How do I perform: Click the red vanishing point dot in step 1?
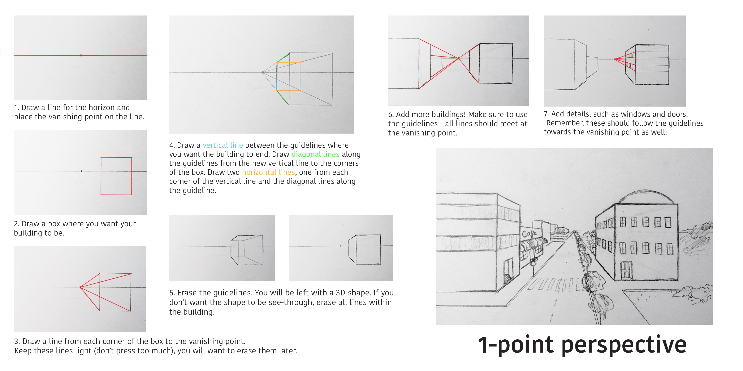(x=81, y=55)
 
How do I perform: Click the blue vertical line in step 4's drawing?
(x=277, y=76)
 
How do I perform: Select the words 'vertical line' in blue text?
(x=223, y=145)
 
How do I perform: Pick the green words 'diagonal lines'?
(x=315, y=154)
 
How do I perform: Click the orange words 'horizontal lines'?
(x=268, y=172)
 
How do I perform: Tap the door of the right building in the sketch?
(x=626, y=270)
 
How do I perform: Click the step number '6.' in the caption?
(x=391, y=115)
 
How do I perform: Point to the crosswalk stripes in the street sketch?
(x=555, y=285)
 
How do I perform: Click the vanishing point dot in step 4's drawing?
(x=263, y=72)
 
